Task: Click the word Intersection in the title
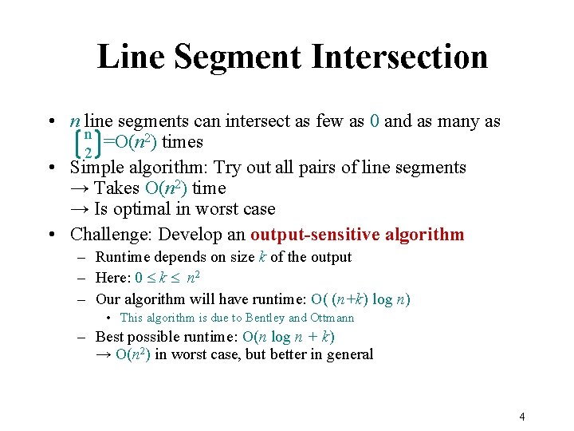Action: point(399,56)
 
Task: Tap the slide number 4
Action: point(521,417)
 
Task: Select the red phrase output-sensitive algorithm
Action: point(357,235)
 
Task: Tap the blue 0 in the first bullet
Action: point(375,121)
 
